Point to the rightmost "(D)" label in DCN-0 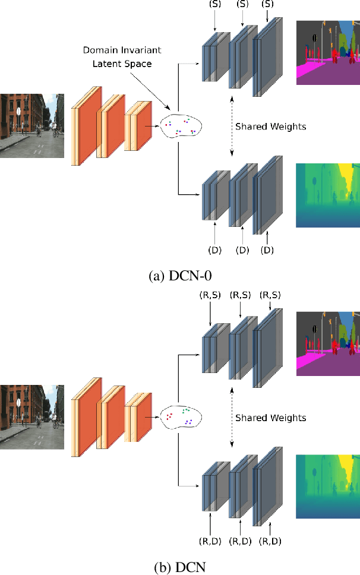click(268, 250)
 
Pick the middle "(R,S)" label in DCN click(240, 295)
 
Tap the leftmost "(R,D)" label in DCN click(210, 541)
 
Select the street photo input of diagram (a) click(32, 125)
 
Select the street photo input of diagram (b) click(32, 416)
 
